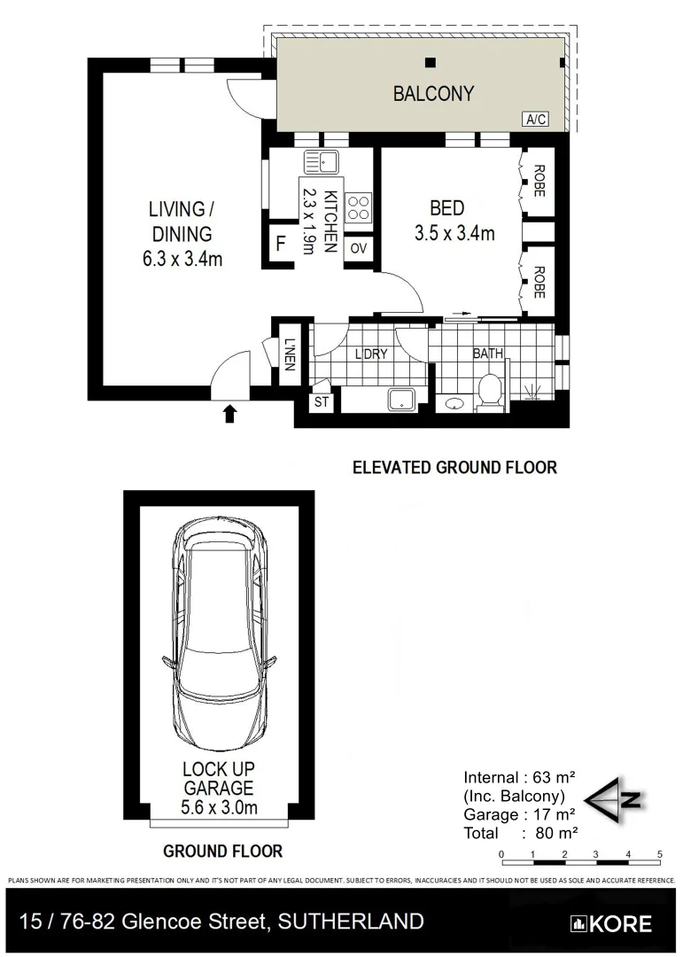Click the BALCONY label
click(433, 93)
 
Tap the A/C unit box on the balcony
click(535, 120)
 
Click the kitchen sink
click(322, 162)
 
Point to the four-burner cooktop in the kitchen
click(359, 208)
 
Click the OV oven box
click(359, 248)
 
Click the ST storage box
click(321, 402)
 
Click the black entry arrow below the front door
click(230, 412)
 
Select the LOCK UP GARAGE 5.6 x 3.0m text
click(219, 788)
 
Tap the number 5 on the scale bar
click(659, 854)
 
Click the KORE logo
click(612, 923)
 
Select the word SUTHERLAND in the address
click(351, 922)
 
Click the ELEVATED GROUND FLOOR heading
click(454, 467)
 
